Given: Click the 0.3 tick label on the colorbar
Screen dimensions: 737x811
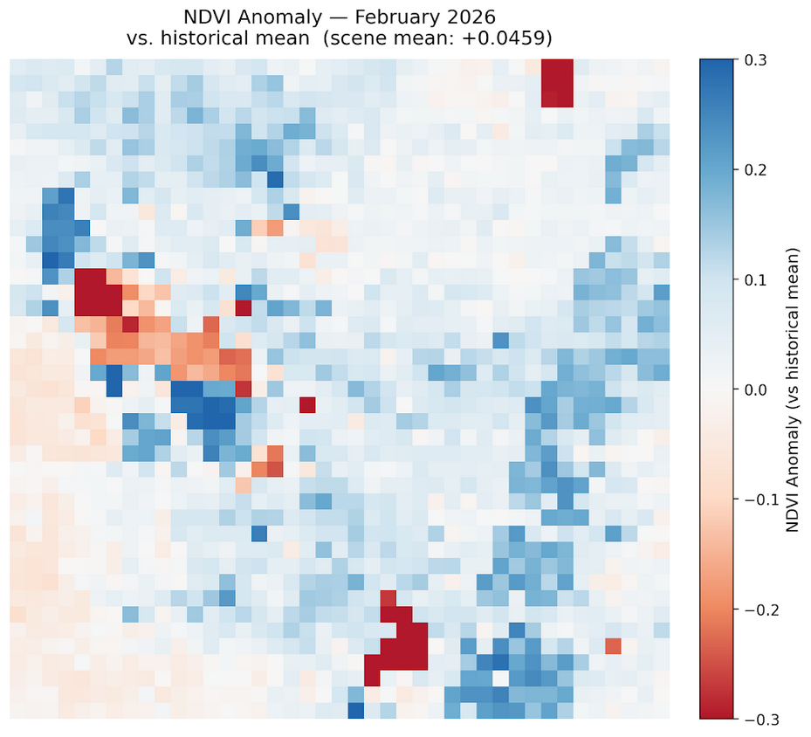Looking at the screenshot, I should (x=755, y=60).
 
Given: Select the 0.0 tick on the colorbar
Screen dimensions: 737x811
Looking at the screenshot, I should (x=755, y=389).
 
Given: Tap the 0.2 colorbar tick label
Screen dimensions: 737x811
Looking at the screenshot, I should (x=755, y=169).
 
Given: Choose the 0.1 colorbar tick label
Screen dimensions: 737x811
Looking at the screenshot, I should (x=755, y=279).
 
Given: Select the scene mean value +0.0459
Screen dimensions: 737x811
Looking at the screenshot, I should (x=512, y=39).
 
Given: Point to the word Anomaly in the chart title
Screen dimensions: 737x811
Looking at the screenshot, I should (x=277, y=17).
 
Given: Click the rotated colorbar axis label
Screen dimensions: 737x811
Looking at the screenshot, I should (x=794, y=389).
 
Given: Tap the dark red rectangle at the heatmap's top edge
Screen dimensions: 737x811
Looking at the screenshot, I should (x=557, y=83).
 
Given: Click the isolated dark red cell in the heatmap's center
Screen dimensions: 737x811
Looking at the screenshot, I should (x=307, y=404).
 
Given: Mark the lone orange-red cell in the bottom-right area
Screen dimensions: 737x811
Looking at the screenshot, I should (x=613, y=646).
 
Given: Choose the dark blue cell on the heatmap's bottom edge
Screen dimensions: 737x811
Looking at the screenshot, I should (x=355, y=711).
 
